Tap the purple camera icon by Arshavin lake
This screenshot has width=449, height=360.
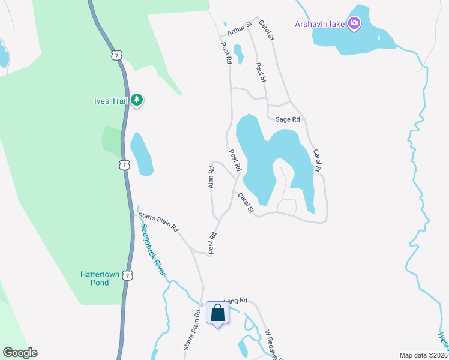coord(355,24)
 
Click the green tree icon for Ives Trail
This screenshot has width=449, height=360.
coord(137,100)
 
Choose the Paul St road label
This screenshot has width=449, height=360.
coord(261,72)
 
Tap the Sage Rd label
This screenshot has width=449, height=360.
coord(287,119)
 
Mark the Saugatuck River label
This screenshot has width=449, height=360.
coord(153,250)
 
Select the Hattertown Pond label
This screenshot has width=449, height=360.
coord(95,278)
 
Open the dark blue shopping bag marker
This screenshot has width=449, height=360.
coord(217,313)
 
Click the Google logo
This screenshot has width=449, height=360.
coord(20,353)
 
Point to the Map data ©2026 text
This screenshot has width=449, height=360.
coord(423,355)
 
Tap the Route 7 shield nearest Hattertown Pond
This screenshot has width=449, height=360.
coord(127,275)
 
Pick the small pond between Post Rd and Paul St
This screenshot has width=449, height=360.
coord(238,54)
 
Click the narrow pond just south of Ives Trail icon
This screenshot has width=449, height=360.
coord(142,154)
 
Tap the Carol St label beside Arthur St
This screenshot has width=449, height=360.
coord(267,31)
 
